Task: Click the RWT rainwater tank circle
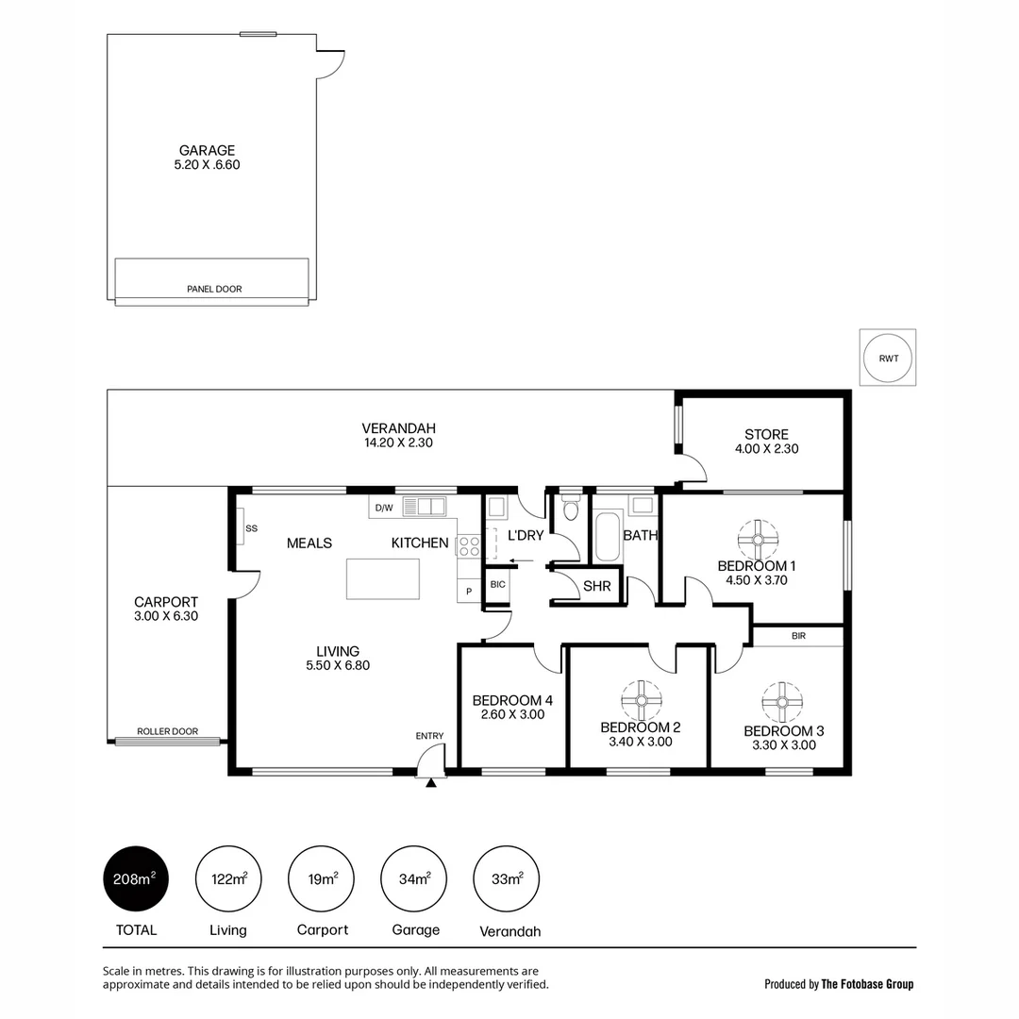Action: pos(888,359)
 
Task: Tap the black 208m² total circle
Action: pos(135,879)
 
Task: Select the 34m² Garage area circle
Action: pos(415,879)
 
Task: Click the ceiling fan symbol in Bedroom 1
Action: pos(758,539)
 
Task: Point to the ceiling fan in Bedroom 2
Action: pos(641,700)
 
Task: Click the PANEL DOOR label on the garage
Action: pos(214,290)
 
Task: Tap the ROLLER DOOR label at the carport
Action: pos(167,731)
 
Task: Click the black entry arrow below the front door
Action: pos(431,781)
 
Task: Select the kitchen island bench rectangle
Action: pos(382,578)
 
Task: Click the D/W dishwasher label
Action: pos(384,508)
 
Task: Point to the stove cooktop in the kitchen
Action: pos(469,544)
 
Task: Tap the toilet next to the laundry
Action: pos(570,510)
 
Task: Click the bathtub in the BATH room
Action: pos(608,536)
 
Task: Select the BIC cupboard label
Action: pos(497,585)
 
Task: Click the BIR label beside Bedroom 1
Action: pos(798,637)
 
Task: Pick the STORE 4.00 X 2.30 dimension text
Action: pos(766,449)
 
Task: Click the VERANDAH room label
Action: pos(398,427)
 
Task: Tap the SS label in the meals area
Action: pos(251,528)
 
